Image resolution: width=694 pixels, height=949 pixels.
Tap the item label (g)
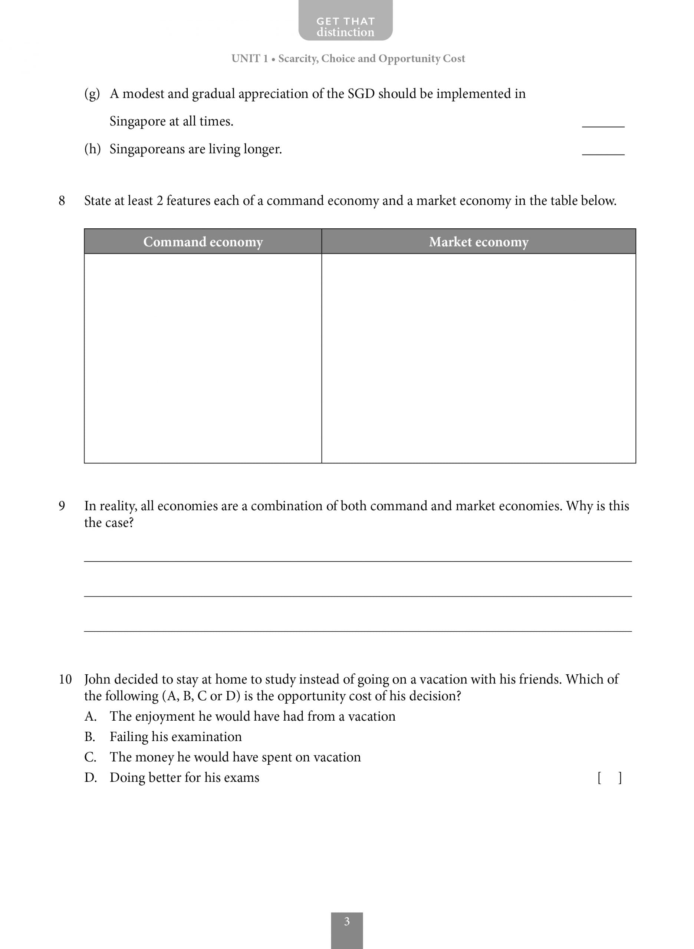point(92,93)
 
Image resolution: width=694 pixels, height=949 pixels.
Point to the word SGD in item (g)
point(361,93)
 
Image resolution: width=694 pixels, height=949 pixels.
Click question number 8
point(62,201)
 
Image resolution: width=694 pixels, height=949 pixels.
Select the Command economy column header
point(203,242)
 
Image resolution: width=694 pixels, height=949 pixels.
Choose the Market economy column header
point(478,242)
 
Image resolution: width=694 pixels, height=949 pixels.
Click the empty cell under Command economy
point(203,358)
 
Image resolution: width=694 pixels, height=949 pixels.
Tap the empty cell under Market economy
point(478,358)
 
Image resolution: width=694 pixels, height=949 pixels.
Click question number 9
point(62,506)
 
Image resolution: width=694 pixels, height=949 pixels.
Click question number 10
point(65,679)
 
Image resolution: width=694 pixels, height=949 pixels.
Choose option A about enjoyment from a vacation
point(252,717)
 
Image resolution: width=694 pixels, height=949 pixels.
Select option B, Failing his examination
point(175,737)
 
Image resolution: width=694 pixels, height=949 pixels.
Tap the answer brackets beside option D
point(609,778)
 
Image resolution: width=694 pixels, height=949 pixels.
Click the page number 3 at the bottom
point(346,922)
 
